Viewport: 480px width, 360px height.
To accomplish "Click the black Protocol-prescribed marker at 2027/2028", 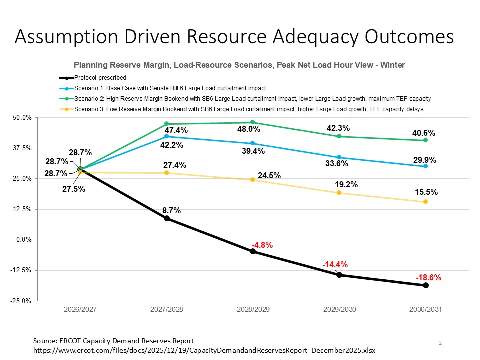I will (x=166, y=218).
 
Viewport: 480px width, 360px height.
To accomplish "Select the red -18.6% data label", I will (x=428, y=278).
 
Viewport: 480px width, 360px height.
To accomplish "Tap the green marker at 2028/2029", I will (x=253, y=122).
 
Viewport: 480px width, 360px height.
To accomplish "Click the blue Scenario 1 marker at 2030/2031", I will (x=425, y=166).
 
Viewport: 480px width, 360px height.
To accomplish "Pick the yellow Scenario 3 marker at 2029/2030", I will (x=339, y=193).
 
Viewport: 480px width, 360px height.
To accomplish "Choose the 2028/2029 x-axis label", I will (x=253, y=310).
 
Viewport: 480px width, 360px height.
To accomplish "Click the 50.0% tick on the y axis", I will (x=23, y=117).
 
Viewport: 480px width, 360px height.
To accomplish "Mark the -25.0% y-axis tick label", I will (x=22, y=301).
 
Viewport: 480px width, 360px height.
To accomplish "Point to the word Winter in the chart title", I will (x=393, y=65).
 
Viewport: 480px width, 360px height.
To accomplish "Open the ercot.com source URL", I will (x=204, y=351).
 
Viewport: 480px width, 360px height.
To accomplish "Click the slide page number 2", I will (x=440, y=343).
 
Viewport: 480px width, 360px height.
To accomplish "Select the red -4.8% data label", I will (x=261, y=245).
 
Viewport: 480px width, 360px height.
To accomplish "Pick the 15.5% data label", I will (x=426, y=192).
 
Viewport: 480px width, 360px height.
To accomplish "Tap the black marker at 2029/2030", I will (x=339, y=275).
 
